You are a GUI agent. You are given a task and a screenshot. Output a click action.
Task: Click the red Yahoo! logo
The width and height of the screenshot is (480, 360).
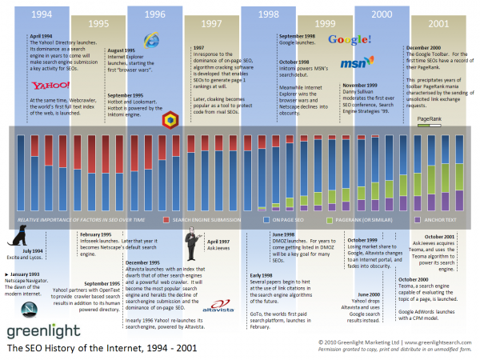[47, 86]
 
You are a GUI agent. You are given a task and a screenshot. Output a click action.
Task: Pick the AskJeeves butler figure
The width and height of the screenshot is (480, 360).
[192, 244]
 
